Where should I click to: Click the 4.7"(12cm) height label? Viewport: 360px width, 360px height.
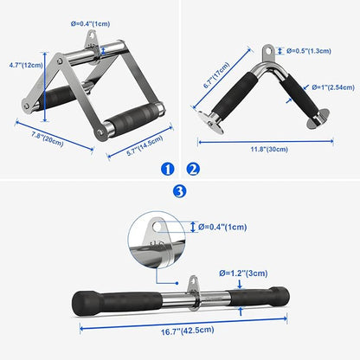coord(26,65)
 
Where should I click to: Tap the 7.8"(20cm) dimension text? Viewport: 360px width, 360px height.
coord(48,138)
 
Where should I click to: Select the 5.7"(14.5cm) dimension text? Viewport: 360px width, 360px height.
coord(145,145)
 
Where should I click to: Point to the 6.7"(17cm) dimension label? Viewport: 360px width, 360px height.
coord(216,75)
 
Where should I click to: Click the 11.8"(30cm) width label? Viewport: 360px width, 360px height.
coord(269,149)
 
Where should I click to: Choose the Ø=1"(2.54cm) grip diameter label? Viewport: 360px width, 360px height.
coord(333,87)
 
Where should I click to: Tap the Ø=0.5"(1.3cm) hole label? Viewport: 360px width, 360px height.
coord(309,51)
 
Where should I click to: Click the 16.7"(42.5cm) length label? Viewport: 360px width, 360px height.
coord(188,331)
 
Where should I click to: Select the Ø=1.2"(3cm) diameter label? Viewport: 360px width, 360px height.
coord(243,273)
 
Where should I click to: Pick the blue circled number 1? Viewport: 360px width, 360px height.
coord(168,169)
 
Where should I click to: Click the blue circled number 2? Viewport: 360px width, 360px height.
coord(193,169)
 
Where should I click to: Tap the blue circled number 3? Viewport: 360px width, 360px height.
coord(179,191)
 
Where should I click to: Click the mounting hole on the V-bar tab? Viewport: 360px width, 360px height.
coord(269,51)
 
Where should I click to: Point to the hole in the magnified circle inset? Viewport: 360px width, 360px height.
coord(157,227)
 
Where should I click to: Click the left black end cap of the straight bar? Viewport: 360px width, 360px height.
coord(84,303)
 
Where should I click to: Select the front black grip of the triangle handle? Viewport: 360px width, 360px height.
coord(133,116)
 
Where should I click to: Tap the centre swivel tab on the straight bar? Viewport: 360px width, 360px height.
coord(192,292)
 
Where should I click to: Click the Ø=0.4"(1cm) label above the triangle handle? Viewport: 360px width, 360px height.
coord(91,23)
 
